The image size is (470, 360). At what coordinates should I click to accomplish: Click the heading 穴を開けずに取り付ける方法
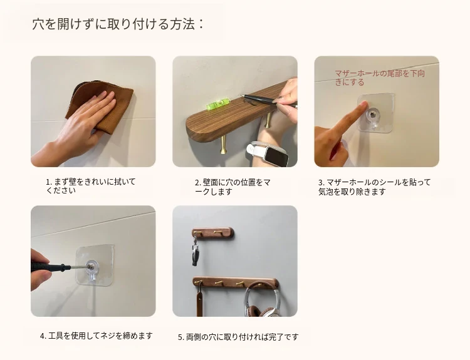click(x=114, y=24)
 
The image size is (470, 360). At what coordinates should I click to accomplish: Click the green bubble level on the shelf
click(x=215, y=105)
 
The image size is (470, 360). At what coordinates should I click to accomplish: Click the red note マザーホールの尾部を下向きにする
click(x=380, y=78)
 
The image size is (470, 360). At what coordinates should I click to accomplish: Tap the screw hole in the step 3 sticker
click(x=373, y=114)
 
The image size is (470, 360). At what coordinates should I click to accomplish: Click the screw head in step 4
click(x=90, y=265)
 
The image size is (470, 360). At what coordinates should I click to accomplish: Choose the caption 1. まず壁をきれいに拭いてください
click(x=91, y=186)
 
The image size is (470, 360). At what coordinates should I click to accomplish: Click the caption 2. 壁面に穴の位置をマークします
click(x=232, y=187)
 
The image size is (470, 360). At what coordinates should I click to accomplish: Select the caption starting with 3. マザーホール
click(x=374, y=187)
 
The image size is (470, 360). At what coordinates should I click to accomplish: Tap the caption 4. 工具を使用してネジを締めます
click(x=97, y=336)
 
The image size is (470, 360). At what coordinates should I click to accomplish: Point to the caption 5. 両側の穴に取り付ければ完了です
click(x=238, y=337)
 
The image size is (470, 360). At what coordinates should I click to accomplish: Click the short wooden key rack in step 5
click(x=212, y=232)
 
